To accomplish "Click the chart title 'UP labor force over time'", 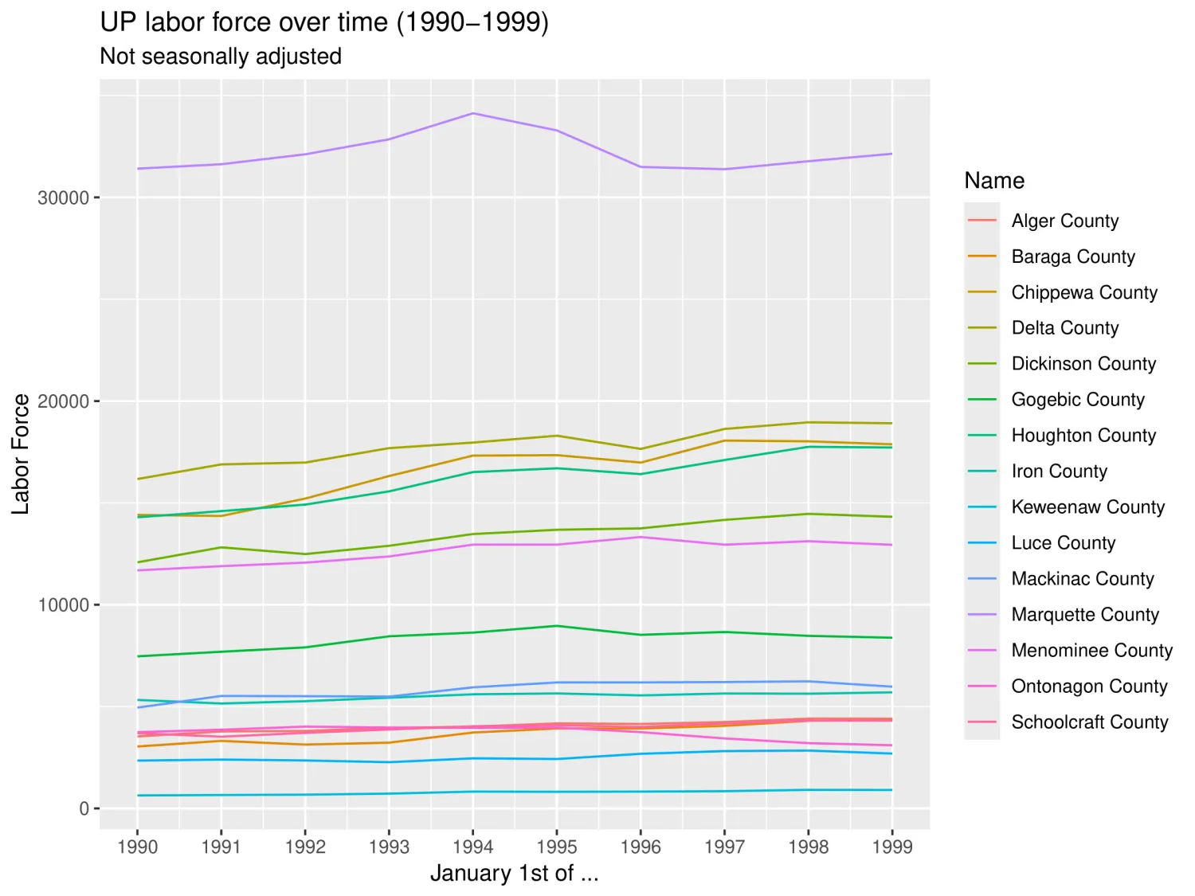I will tap(324, 22).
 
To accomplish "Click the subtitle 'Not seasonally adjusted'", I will tap(221, 57).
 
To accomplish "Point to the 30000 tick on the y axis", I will tap(63, 198).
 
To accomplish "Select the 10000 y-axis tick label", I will tap(63, 605).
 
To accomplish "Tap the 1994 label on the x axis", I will tap(472, 847).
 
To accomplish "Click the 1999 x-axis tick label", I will tap(891, 847).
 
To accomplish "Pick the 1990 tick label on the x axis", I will tap(137, 847).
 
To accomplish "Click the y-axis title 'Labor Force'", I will tap(21, 454).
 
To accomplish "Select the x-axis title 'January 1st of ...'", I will tap(514, 874).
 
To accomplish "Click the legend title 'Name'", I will tap(993, 181).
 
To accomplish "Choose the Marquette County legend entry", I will tap(1084, 615).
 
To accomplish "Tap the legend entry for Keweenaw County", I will tap(1087, 507).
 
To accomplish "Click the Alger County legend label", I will tap(1064, 221).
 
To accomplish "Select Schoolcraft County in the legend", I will tap(1089, 722).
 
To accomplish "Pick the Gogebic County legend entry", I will tap(1077, 400).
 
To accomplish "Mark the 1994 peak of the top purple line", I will tap(472, 113).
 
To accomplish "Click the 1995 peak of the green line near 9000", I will tap(556, 626).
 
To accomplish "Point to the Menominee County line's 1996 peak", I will tap(640, 537).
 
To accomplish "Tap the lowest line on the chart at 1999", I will tap(891, 790).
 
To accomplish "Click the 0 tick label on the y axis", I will tap(84, 809).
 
